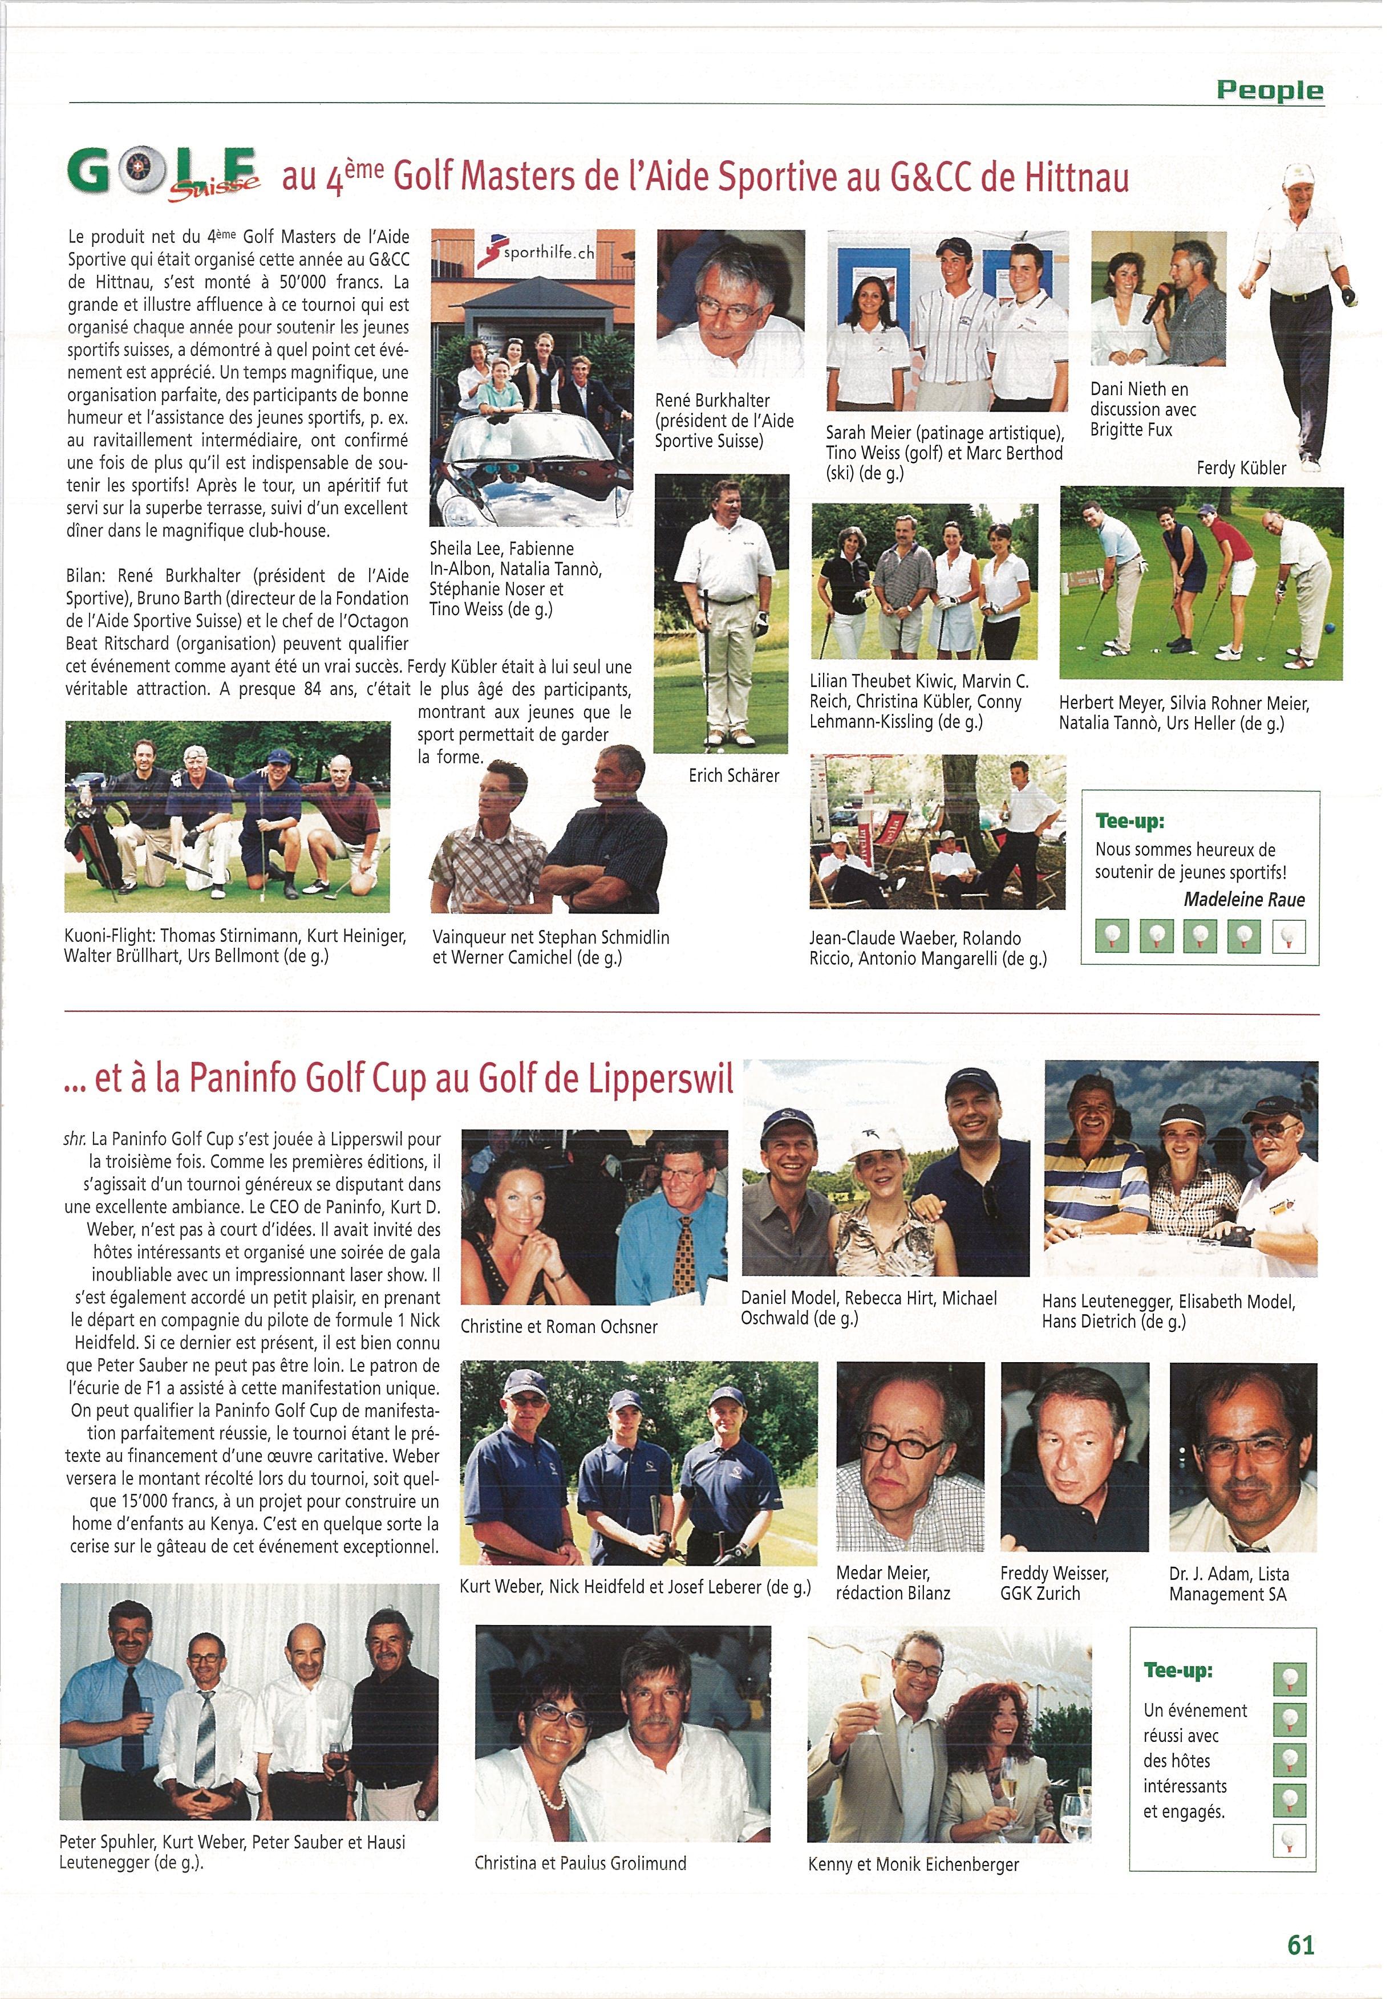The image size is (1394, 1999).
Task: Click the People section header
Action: click(x=1270, y=90)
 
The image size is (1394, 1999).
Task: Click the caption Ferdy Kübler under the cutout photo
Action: click(x=1241, y=469)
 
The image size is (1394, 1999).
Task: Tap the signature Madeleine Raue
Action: click(x=1243, y=899)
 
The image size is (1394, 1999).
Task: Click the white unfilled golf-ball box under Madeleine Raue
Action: click(x=1288, y=937)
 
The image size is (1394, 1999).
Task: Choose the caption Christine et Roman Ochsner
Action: click(x=558, y=1327)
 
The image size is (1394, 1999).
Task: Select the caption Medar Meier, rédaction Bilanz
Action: click(x=893, y=1583)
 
